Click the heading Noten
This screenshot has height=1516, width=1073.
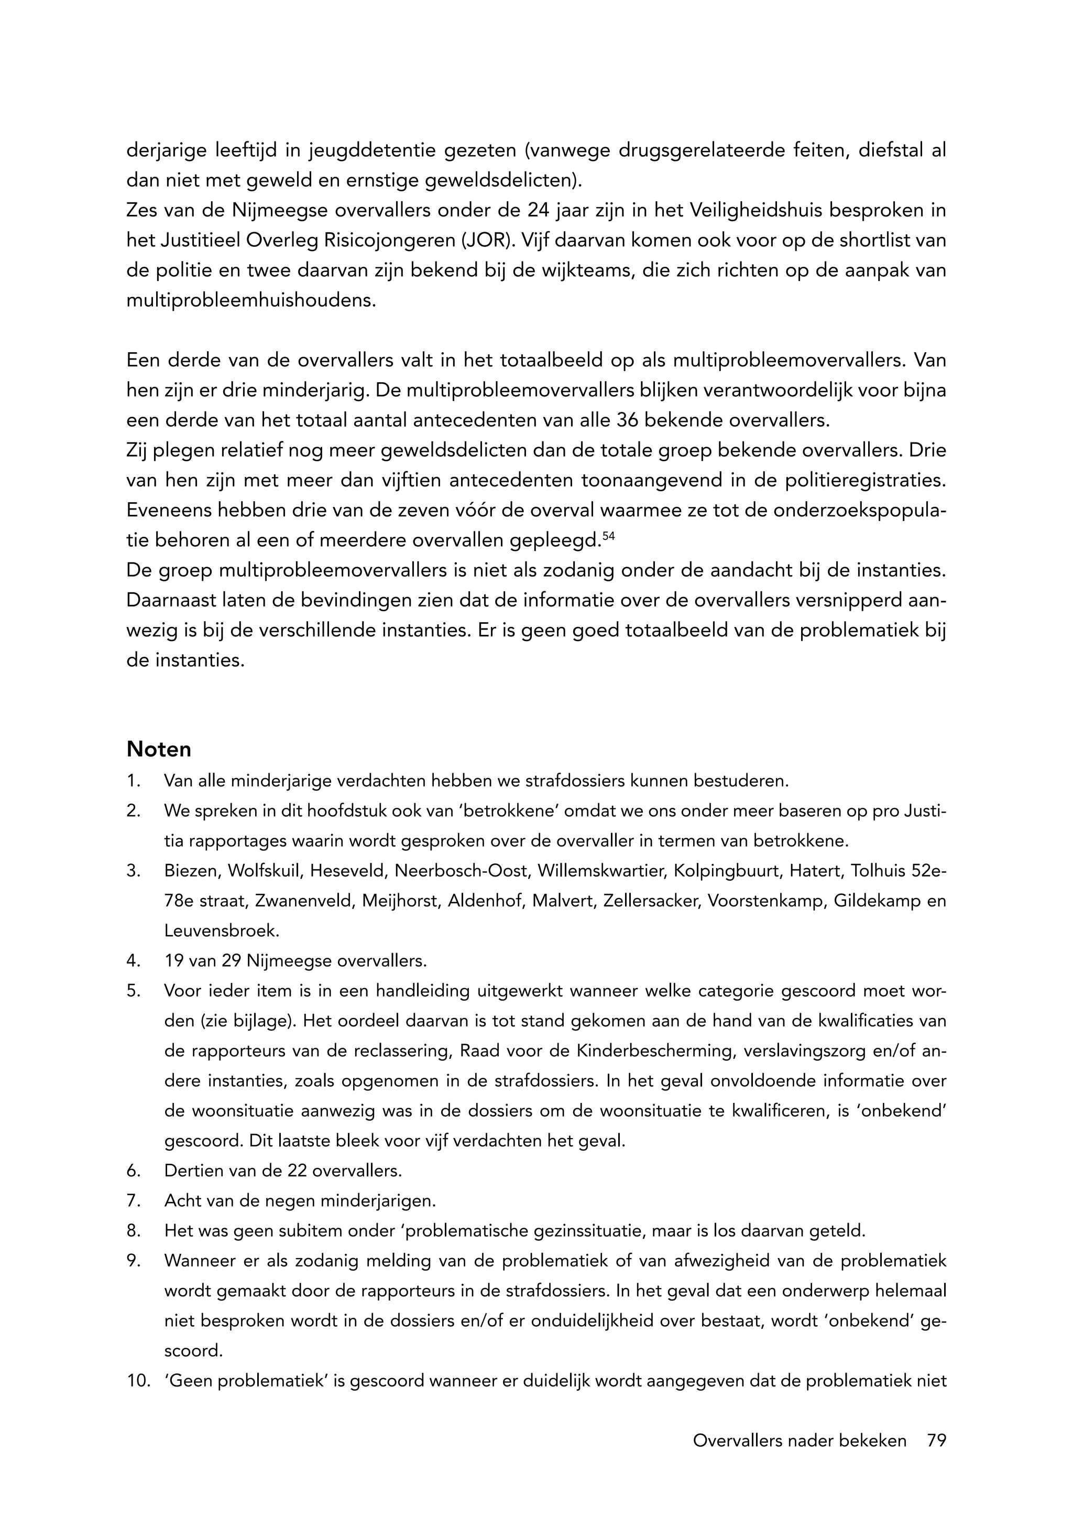[159, 749]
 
